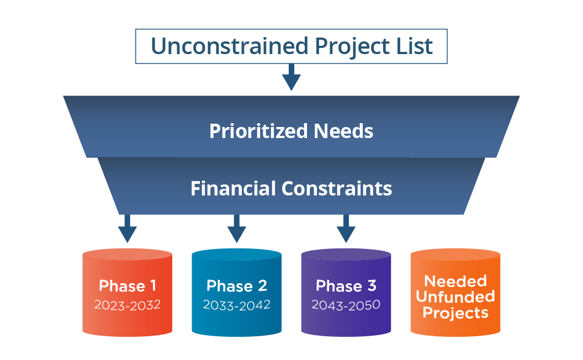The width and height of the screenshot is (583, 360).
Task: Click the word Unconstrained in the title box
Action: [x=230, y=46]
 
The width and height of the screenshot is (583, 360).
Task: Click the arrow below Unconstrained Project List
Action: [x=291, y=77]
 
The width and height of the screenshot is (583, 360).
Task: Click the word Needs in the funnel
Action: [x=343, y=131]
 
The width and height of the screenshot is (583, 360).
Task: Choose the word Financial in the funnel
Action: [x=233, y=188]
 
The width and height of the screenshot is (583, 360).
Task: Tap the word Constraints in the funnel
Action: [x=336, y=188]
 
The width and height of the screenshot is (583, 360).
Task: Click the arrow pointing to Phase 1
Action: [x=128, y=229]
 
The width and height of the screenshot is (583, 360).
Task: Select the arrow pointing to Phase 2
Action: [x=236, y=229]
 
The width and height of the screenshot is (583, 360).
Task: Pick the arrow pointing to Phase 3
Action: [x=346, y=229]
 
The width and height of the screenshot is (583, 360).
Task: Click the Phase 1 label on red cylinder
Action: [x=128, y=285]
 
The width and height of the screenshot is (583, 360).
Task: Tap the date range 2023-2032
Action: [x=128, y=305]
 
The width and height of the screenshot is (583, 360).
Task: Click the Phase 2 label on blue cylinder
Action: [x=237, y=285]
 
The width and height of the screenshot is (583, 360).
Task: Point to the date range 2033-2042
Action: [x=237, y=305]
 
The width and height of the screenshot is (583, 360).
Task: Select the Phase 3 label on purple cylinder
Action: [x=346, y=285]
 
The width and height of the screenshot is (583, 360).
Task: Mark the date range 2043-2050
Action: [x=346, y=305]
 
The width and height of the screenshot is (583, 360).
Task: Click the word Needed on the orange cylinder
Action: [x=455, y=281]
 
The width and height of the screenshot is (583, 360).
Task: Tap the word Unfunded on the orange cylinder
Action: [x=455, y=297]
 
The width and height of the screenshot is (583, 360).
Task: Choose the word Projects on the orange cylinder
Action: [x=455, y=313]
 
